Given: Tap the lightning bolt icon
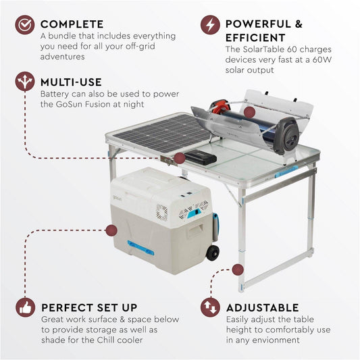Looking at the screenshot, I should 210,25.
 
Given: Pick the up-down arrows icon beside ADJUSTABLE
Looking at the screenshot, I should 210,308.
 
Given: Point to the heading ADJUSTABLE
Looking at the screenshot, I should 262,308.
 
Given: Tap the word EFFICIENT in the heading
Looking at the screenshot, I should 255,38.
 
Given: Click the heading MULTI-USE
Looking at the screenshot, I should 71,82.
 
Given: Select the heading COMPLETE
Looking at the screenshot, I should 72,25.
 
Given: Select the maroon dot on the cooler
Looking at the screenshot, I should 111,230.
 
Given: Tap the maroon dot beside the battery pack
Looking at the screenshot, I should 179,158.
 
